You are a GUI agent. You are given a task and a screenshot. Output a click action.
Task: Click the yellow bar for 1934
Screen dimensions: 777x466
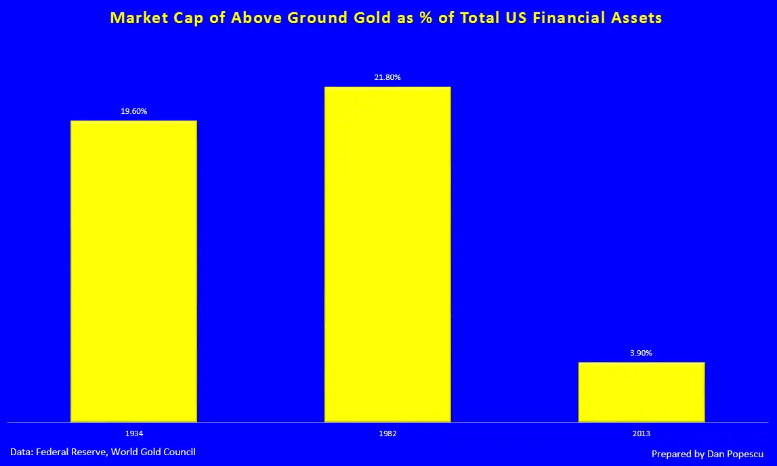134,271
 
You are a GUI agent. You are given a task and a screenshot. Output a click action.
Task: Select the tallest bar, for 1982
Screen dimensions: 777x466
387,254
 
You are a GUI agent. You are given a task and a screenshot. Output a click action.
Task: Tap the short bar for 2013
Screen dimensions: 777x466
642,391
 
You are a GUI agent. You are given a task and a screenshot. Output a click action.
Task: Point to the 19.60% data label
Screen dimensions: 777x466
134,111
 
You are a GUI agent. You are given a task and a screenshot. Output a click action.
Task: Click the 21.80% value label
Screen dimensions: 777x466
387,77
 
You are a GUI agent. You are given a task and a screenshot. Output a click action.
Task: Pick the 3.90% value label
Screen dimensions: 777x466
642,353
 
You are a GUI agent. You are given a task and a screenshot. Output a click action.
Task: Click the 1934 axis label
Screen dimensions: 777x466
134,433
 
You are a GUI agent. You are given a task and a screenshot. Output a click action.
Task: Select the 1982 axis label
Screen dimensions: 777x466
387,433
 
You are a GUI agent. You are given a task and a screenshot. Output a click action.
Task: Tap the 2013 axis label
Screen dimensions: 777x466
642,433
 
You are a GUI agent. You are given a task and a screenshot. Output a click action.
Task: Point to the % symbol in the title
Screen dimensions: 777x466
425,18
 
